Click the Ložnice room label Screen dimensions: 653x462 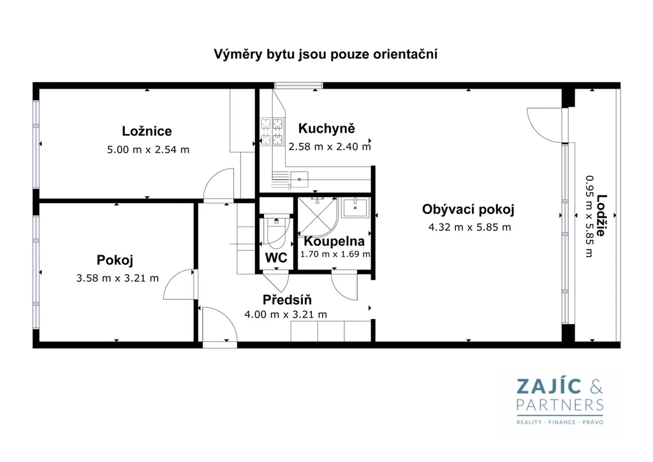[147, 131]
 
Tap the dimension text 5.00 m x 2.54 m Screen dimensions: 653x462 [148, 149]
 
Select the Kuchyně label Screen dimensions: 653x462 [326, 128]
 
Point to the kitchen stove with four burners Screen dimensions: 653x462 [272, 131]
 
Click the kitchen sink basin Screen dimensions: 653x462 [299, 179]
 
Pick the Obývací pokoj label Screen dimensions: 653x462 [468, 209]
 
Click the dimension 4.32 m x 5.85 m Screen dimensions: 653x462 [470, 227]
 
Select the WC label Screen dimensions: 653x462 [276, 258]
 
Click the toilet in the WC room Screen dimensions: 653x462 [275, 232]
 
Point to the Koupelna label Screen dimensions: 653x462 [334, 241]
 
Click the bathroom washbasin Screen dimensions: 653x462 [355, 207]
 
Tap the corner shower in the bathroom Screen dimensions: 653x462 [318, 216]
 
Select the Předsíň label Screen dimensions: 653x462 [287, 299]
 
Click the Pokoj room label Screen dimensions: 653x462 [115, 260]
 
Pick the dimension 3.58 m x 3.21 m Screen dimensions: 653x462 [117, 278]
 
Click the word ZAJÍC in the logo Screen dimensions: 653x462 [549, 387]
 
